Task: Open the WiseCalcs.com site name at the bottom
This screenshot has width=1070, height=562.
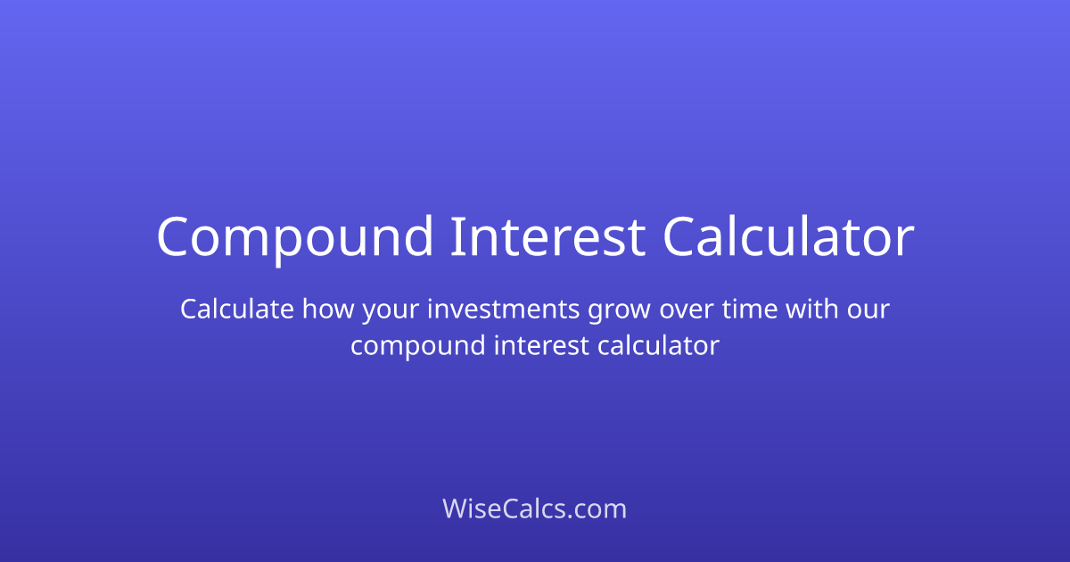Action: click(535, 509)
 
